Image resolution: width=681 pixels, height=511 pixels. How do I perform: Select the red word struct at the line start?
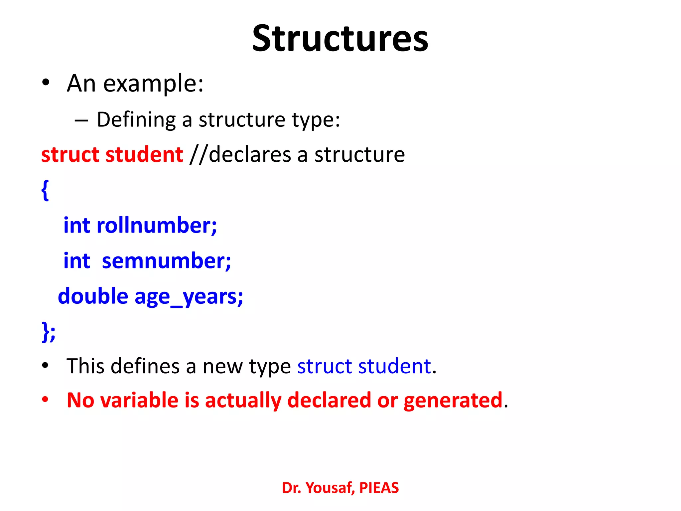point(70,155)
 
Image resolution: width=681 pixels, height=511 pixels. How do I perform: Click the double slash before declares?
point(198,155)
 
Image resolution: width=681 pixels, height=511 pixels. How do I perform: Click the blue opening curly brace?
point(45,190)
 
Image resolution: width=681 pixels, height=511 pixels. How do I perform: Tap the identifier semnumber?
point(166,261)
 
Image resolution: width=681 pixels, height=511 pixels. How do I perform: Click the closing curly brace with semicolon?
point(49,331)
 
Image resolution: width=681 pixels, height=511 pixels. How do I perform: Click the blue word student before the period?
point(394,366)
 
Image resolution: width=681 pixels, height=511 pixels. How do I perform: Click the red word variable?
point(139,400)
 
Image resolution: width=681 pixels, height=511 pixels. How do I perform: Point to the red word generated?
point(453,401)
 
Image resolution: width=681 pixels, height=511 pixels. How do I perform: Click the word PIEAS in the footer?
point(379,488)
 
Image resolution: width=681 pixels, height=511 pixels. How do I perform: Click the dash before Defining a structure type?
point(81,120)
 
